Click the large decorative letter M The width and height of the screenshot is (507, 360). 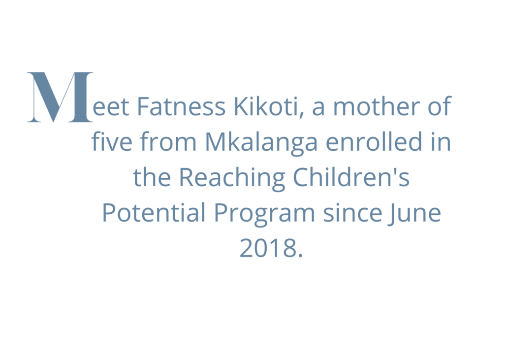[60, 97]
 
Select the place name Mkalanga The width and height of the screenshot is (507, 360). [261, 143]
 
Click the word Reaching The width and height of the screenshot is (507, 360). [232, 178]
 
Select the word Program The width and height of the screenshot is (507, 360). [264, 214]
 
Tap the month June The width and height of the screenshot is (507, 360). [415, 214]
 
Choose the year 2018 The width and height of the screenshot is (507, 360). [268, 248]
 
